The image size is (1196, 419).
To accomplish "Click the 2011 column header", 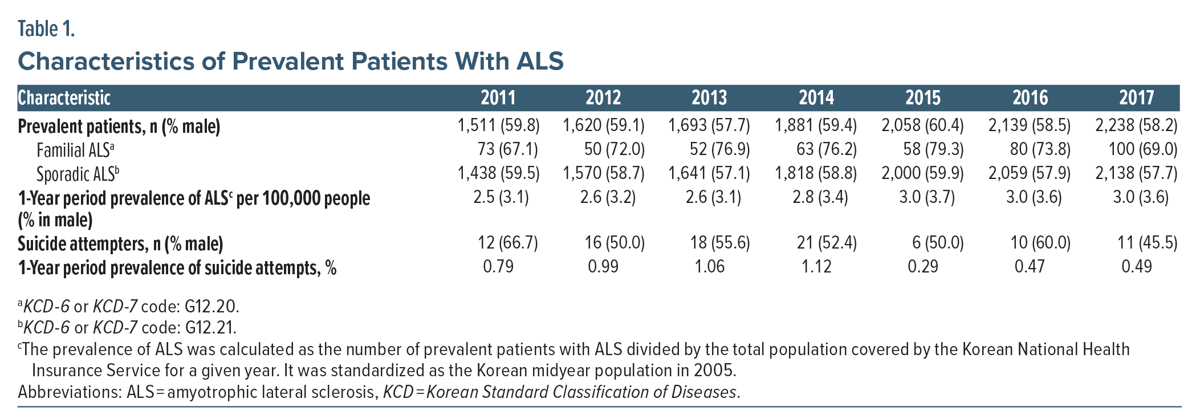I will tap(498, 98).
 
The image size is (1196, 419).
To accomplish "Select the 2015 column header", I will tap(923, 98).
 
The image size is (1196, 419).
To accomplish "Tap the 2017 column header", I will tap(1136, 98).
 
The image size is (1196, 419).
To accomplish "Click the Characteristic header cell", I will tap(64, 98).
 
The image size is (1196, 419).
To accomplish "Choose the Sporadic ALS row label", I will tap(78, 174).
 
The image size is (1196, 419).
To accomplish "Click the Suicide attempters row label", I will tap(120, 244).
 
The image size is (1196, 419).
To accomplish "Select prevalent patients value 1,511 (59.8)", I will tap(498, 125).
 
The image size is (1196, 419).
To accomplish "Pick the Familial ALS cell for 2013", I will tap(720, 149).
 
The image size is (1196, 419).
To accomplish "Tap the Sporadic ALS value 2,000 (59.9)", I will tap(922, 173).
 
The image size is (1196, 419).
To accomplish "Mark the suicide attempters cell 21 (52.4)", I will tap(827, 243).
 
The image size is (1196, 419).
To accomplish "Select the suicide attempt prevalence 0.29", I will tap(923, 267).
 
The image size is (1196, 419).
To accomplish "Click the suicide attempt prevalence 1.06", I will tap(710, 267).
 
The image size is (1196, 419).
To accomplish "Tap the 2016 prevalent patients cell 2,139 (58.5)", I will tap(1029, 125).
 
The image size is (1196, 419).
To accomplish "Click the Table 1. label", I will tap(46, 29).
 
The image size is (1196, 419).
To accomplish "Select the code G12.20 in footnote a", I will tap(211, 307).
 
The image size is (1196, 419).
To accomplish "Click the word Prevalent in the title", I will tap(292, 61).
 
